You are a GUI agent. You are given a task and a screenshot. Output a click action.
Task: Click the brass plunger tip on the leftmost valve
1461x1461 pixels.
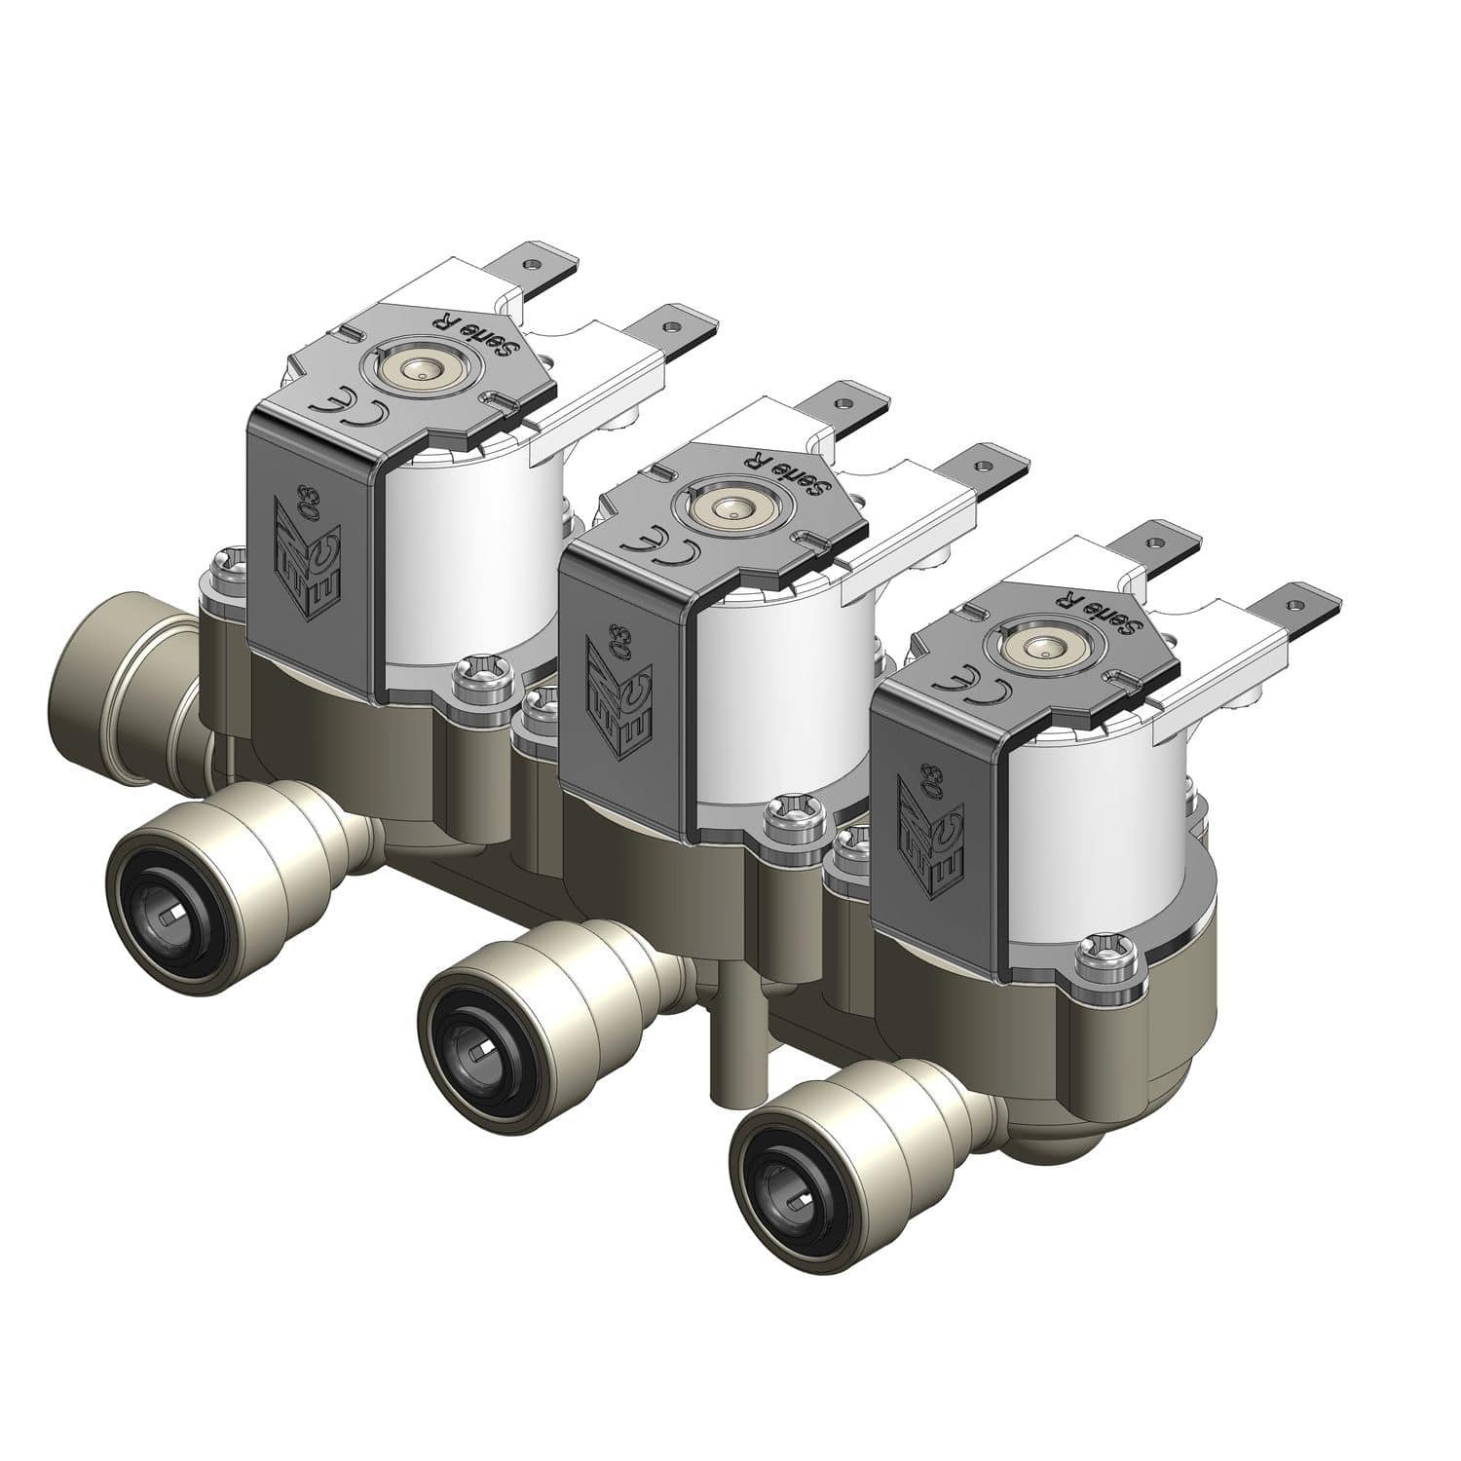click(x=420, y=371)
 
